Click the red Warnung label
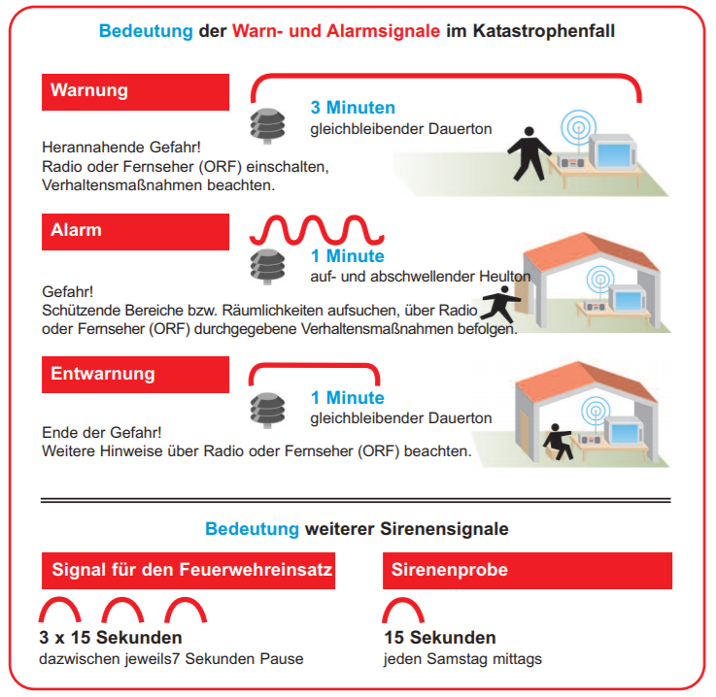pyautogui.click(x=136, y=91)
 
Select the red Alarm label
pyautogui.click(x=136, y=231)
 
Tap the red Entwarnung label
pyautogui.click(x=136, y=374)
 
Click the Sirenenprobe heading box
pyautogui.click(x=527, y=570)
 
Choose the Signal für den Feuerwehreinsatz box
pyautogui.click(x=188, y=570)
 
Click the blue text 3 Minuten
pyautogui.click(x=353, y=108)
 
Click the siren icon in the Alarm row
pyautogui.click(x=267, y=263)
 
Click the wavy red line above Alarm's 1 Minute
pyautogui.click(x=317, y=230)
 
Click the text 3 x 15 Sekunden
pyautogui.click(x=111, y=638)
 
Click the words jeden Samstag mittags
pyautogui.click(x=463, y=659)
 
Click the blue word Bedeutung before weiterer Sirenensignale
pyautogui.click(x=252, y=529)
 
